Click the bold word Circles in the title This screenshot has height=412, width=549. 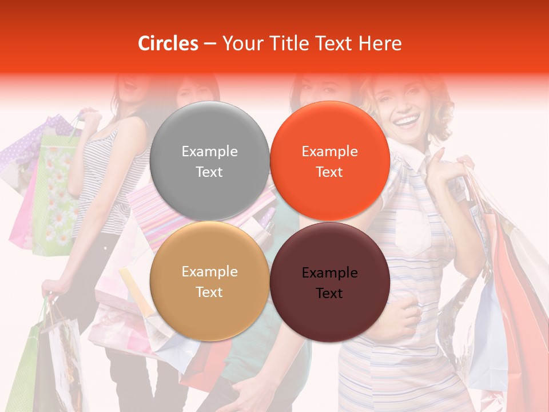168,43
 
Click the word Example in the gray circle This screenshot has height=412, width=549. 209,151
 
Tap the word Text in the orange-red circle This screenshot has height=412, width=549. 329,172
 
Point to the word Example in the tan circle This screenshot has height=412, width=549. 209,271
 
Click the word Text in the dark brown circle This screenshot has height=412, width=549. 329,294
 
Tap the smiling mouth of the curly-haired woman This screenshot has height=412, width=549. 407,121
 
